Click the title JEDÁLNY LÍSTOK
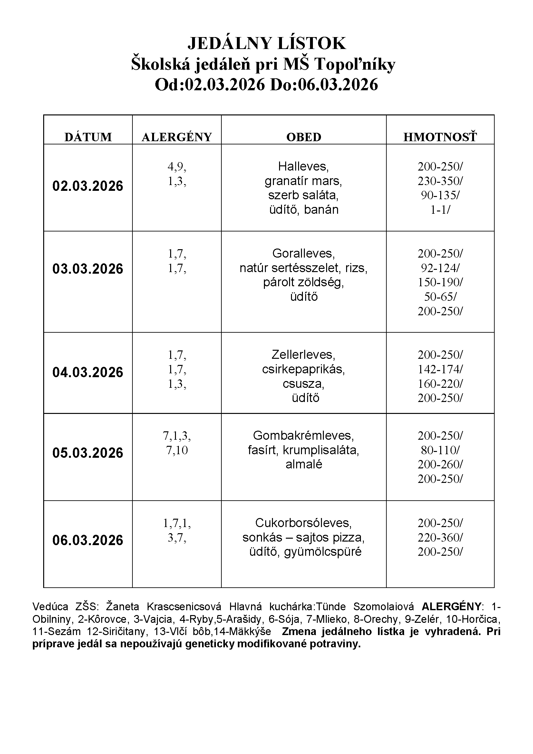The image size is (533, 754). (266, 43)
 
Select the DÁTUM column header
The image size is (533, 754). (88, 137)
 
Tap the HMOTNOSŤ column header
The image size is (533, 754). (440, 137)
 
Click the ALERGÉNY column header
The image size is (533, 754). (177, 137)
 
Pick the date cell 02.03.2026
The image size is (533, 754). (88, 186)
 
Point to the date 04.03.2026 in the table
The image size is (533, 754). (88, 372)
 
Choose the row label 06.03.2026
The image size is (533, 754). (88, 540)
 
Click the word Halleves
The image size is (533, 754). (303, 166)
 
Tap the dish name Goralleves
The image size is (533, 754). (303, 253)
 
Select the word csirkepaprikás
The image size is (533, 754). (303, 369)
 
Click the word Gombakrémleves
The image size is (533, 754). (303, 436)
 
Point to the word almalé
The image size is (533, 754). (304, 464)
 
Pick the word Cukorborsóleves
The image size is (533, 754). (303, 523)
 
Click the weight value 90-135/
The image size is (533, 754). (440, 195)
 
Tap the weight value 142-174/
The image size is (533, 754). (440, 369)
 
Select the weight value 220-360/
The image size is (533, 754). (440, 537)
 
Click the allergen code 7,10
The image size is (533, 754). (177, 450)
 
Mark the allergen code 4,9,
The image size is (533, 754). (177, 166)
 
